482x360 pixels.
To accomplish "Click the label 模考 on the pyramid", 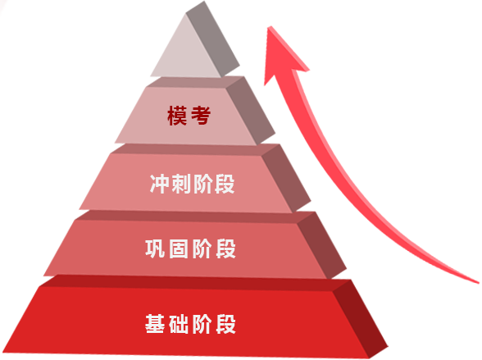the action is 189,116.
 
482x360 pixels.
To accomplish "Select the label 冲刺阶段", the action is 192,184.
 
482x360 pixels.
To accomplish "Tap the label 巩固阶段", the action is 190,248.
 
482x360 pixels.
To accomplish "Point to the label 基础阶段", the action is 190,324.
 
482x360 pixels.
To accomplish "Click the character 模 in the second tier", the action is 177,116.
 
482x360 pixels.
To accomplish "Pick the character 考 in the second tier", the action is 201,116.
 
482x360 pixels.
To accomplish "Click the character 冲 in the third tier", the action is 159,184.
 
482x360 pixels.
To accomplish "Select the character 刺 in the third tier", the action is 181,184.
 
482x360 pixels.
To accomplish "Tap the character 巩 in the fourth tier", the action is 155,248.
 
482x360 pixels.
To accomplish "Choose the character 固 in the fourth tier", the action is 179,248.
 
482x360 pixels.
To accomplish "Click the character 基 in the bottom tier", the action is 155,324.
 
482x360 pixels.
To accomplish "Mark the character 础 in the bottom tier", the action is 179,324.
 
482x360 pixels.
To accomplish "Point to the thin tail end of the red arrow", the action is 477,281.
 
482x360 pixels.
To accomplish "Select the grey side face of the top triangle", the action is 212,39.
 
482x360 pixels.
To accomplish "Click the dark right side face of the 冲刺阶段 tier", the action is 286,178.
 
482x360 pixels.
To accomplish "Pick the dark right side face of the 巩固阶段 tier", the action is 321,245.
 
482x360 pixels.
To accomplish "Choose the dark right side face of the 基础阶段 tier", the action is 360,318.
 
